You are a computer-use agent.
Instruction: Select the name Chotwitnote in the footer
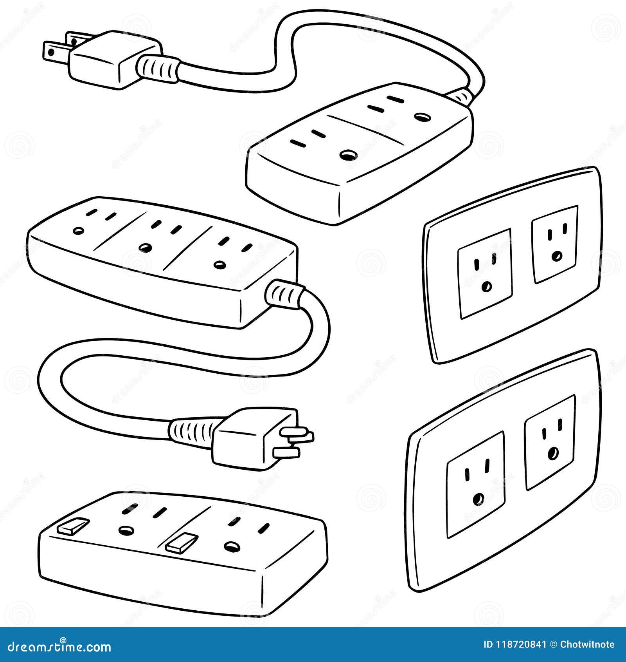[587, 645]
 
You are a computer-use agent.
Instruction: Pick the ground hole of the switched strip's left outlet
[126, 531]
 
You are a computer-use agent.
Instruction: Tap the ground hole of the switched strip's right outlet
[231, 546]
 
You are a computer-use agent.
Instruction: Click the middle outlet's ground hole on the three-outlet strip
[146, 248]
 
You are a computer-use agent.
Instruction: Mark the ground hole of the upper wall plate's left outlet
[487, 287]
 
